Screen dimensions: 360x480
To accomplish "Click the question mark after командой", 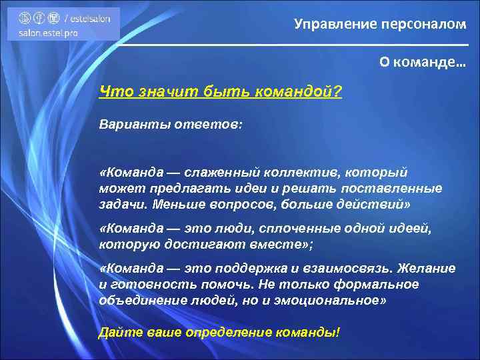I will click(339, 91).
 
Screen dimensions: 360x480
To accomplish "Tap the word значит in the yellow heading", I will click(155, 91).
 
